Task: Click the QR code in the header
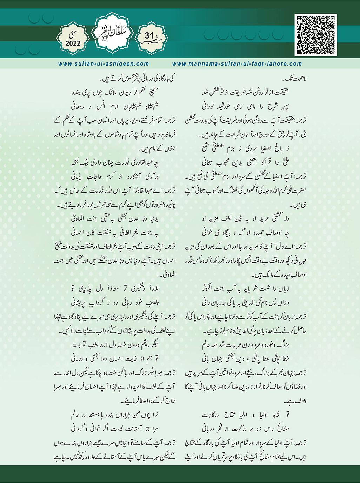[315, 35]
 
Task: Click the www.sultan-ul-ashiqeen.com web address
[104, 64]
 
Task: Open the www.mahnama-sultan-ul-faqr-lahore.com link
[237, 64]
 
